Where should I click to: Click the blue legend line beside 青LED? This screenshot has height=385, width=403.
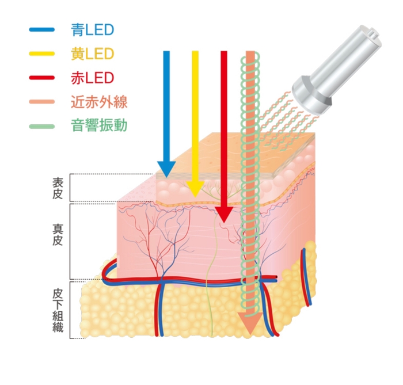click(42, 30)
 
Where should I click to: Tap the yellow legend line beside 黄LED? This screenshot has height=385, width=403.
click(42, 54)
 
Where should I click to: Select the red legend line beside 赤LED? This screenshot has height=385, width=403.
click(42, 78)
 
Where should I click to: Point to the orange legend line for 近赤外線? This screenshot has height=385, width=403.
click(42, 102)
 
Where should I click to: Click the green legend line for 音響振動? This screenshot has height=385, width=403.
click(42, 127)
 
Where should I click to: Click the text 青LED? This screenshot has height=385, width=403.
click(93, 30)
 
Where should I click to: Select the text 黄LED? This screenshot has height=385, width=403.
click(93, 54)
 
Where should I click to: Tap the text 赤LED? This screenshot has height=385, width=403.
click(93, 78)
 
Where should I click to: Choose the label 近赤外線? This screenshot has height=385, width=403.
click(99, 102)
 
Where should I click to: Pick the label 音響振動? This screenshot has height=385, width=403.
click(99, 125)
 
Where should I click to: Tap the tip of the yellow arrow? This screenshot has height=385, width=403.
click(195, 197)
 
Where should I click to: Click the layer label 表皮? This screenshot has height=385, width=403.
click(58, 188)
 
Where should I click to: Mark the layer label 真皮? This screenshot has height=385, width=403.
click(58, 235)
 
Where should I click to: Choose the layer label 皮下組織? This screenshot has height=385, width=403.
click(58, 310)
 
